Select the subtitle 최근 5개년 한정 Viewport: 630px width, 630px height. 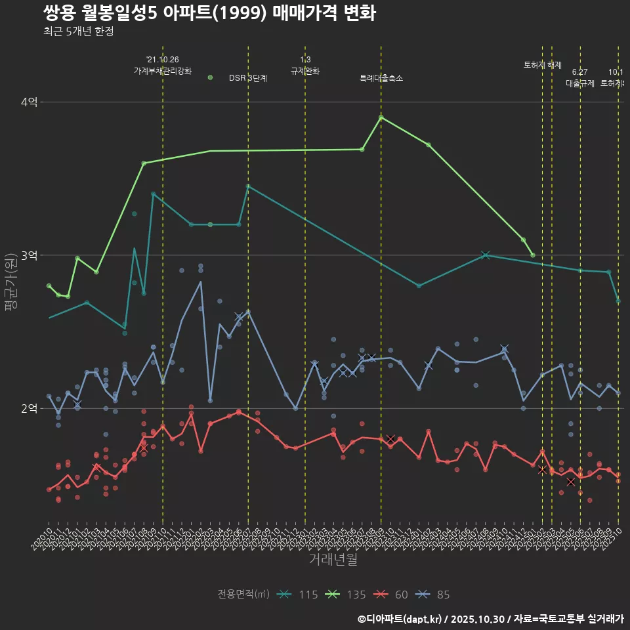(x=78, y=31)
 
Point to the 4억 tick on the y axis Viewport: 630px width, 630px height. (x=30, y=102)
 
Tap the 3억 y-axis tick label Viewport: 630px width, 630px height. (x=30, y=255)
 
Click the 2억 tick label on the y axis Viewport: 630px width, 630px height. (x=30, y=408)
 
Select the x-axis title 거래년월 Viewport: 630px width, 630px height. (x=333, y=560)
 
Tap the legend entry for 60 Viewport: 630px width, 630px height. (x=391, y=595)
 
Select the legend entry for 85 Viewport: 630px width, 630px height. (x=433, y=595)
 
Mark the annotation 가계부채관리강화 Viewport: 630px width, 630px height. (x=163, y=70)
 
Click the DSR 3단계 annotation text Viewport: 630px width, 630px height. (x=248, y=78)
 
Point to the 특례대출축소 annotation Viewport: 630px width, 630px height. (x=381, y=78)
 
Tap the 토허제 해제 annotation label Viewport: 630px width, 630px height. (x=543, y=65)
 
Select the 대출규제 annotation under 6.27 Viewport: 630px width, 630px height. (x=580, y=83)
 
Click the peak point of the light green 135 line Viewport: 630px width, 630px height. (x=381, y=117)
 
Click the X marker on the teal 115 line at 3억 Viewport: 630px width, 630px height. (x=486, y=255)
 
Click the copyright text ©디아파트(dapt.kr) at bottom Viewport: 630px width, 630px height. (x=401, y=619)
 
